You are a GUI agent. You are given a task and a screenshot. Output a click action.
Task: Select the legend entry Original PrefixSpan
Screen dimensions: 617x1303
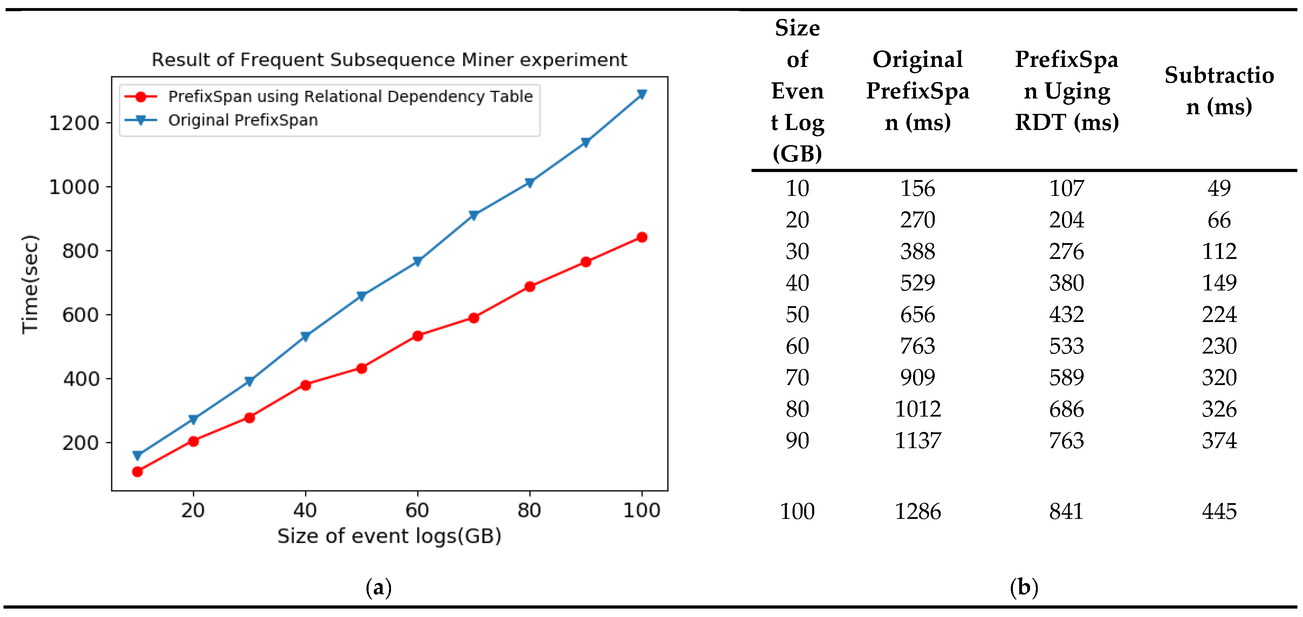pyautogui.click(x=243, y=121)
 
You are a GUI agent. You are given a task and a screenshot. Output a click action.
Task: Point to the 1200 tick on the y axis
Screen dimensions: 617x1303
pyautogui.click(x=74, y=123)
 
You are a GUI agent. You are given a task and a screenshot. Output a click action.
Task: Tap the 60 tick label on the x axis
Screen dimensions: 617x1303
pyautogui.click(x=417, y=510)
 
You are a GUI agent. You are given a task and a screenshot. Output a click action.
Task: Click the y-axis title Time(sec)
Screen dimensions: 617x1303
pyautogui.click(x=30, y=284)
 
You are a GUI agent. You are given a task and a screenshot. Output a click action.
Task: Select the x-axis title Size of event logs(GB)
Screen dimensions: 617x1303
pyautogui.click(x=389, y=536)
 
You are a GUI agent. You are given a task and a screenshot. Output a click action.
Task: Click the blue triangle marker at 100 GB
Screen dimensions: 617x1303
pyautogui.click(x=642, y=95)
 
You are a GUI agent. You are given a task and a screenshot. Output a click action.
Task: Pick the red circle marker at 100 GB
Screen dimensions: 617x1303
pyautogui.click(x=642, y=237)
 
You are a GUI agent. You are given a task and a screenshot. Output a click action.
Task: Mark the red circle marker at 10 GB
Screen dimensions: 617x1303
pyautogui.click(x=137, y=471)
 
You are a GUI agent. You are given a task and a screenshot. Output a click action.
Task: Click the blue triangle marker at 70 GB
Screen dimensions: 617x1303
pyautogui.click(x=473, y=215)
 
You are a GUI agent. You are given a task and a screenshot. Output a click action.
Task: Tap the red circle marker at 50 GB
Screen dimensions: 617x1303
pyautogui.click(x=361, y=368)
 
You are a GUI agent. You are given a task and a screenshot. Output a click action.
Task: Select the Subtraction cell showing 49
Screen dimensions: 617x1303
pyautogui.click(x=1219, y=188)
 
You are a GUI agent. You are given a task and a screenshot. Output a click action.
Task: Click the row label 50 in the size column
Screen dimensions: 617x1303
pyautogui.click(x=797, y=315)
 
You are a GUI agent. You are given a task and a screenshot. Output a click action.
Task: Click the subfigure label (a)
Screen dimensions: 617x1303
pyautogui.click(x=378, y=587)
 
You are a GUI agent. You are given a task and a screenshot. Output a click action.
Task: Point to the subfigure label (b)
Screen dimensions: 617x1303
pyautogui.click(x=1024, y=587)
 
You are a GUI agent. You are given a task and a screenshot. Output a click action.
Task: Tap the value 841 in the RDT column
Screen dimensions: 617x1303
pyautogui.click(x=1066, y=511)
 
